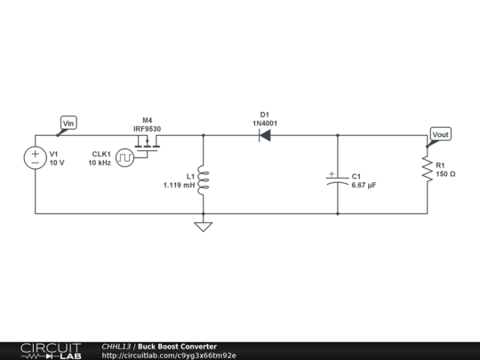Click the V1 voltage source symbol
pyautogui.click(x=36, y=158)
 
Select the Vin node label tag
pyautogui.click(x=68, y=123)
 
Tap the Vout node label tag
pyautogui.click(x=440, y=133)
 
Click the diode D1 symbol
pyautogui.click(x=265, y=136)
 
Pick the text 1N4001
pyautogui.click(x=265, y=123)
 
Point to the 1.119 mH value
pyautogui.click(x=179, y=185)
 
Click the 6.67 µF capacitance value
pyautogui.click(x=364, y=185)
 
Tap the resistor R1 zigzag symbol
pyautogui.click(x=427, y=170)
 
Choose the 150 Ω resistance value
pyautogui.click(x=446, y=174)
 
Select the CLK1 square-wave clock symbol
pyautogui.click(x=126, y=158)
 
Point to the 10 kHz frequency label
pyautogui.click(x=100, y=164)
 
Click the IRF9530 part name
pyautogui.click(x=148, y=128)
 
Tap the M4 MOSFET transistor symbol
pyautogui.click(x=148, y=147)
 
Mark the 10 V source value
pyautogui.click(x=57, y=164)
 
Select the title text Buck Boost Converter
pyautogui.click(x=177, y=347)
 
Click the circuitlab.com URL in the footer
pyautogui.click(x=169, y=356)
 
